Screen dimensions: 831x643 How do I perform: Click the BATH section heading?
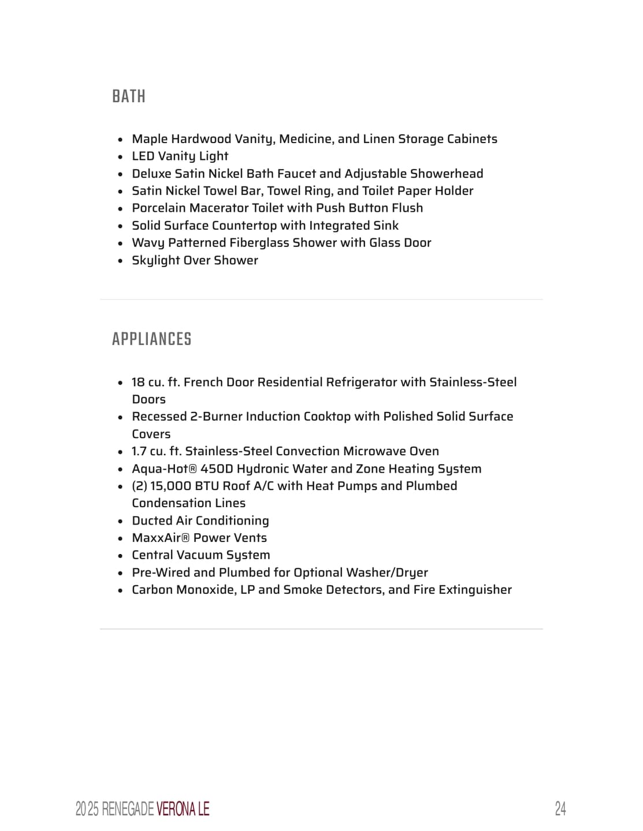(x=128, y=96)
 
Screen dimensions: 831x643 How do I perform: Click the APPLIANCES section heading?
(x=151, y=339)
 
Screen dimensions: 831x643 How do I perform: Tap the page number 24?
(x=560, y=808)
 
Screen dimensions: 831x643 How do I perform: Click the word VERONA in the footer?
(x=176, y=809)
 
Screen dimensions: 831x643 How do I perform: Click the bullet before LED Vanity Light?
(x=120, y=157)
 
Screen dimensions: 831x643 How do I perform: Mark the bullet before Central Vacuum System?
(x=120, y=556)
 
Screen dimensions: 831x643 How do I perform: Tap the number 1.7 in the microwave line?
(x=139, y=451)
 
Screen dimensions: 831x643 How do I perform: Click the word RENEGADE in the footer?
(x=128, y=809)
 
